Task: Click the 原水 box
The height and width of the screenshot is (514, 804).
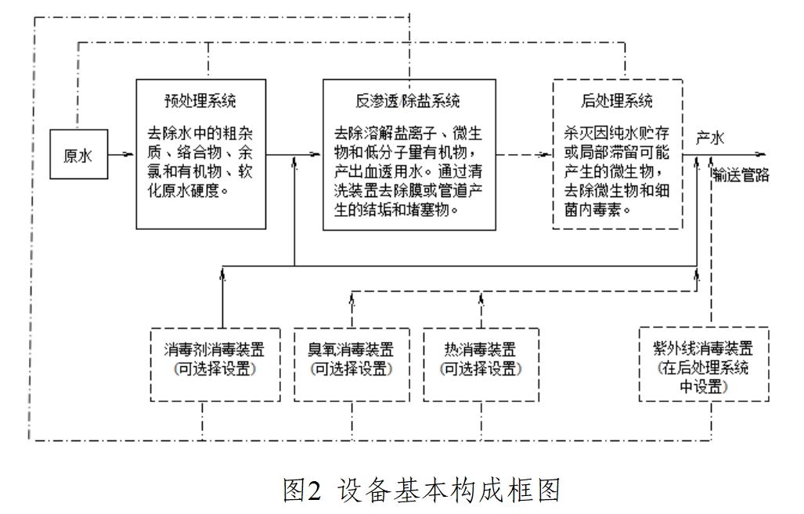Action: tap(78, 155)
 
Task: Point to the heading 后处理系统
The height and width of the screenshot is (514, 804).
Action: tap(617, 101)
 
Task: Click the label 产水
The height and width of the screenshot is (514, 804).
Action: tap(710, 138)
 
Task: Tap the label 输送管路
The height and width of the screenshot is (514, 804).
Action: tap(741, 175)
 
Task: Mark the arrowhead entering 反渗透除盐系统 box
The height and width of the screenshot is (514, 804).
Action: tap(317, 155)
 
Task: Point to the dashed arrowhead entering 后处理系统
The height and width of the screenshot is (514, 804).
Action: tap(547, 155)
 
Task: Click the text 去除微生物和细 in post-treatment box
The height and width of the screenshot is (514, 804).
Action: tap(616, 190)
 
